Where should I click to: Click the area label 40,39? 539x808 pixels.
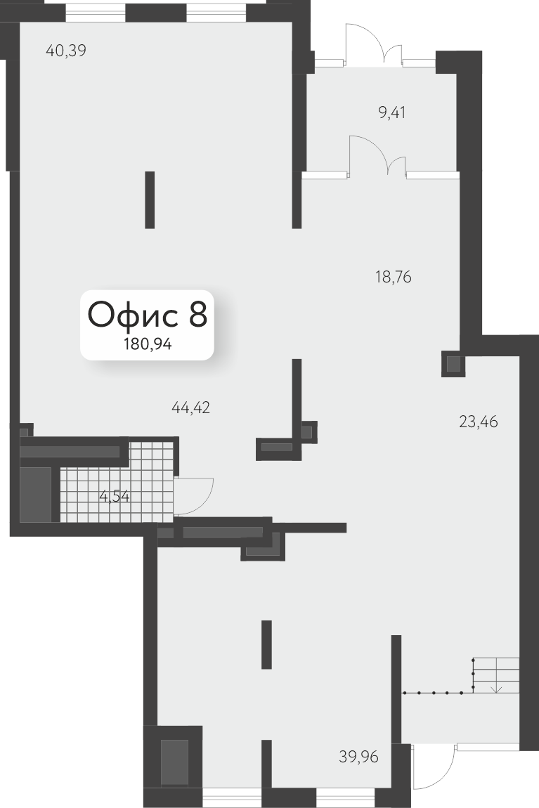(x=66, y=51)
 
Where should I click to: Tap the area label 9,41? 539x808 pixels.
(x=392, y=112)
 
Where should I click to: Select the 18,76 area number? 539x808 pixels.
(x=393, y=278)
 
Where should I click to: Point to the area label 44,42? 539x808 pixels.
(x=190, y=408)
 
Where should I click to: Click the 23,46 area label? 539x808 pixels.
(x=478, y=422)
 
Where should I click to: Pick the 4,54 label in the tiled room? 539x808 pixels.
(x=115, y=497)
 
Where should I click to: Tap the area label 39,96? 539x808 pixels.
(x=358, y=757)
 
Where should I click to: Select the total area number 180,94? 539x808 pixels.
(x=148, y=344)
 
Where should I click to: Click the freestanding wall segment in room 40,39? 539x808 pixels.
(x=150, y=200)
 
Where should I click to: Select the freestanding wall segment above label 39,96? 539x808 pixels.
(x=266, y=645)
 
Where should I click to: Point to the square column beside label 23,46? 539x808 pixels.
(x=453, y=365)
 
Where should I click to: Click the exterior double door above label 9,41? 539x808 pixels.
(x=374, y=46)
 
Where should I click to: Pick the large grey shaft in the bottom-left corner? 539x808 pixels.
(x=174, y=762)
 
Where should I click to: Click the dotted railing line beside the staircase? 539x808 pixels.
(x=439, y=693)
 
